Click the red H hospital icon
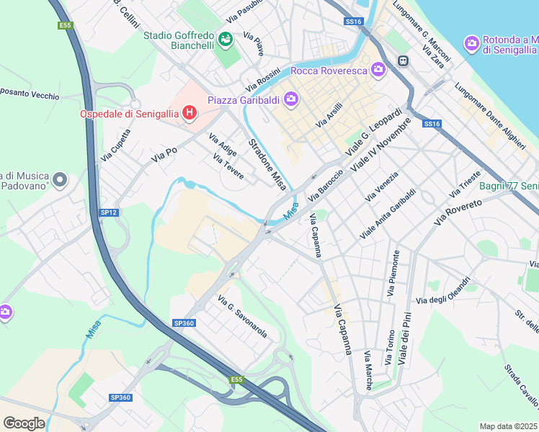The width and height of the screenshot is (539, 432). [x=190, y=113]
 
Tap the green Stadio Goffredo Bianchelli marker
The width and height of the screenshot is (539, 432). [x=226, y=39]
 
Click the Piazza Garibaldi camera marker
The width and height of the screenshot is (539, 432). [x=291, y=99]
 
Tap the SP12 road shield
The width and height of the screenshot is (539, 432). [x=108, y=212]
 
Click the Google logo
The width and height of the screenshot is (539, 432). [x=24, y=423]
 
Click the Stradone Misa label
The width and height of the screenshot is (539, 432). [x=267, y=165]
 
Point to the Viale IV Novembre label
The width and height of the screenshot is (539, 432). [x=380, y=144]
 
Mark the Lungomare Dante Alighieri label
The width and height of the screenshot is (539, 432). [x=490, y=116]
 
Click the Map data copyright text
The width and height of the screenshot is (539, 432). [x=509, y=426]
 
